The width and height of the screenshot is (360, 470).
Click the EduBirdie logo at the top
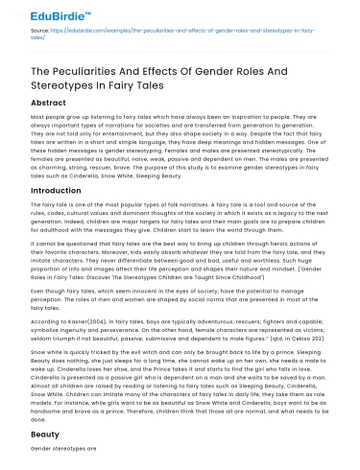(x=38, y=15)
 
